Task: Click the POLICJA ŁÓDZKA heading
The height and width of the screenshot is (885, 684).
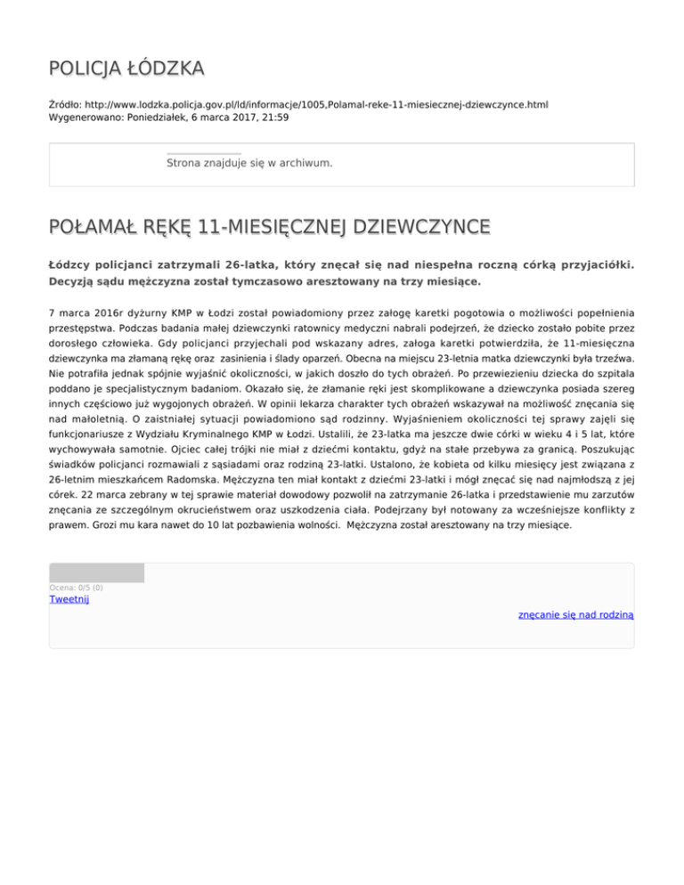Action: [126, 68]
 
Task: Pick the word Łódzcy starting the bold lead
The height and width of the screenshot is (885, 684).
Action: [69, 264]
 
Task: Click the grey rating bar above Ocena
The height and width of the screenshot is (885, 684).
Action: [96, 572]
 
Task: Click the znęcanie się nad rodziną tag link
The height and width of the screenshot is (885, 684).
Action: [575, 614]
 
